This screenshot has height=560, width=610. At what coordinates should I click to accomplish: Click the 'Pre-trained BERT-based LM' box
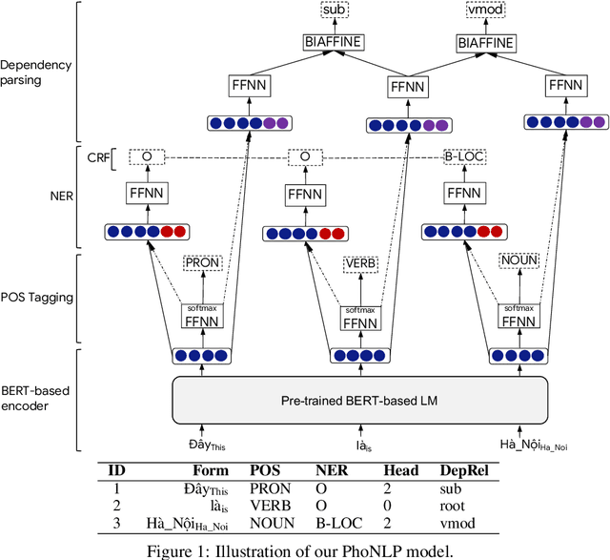(x=359, y=401)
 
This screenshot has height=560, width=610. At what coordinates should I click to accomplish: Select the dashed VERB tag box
(x=361, y=262)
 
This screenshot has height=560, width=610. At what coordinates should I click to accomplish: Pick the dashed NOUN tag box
(x=519, y=262)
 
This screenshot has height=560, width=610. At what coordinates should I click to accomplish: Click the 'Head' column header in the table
(x=400, y=470)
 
